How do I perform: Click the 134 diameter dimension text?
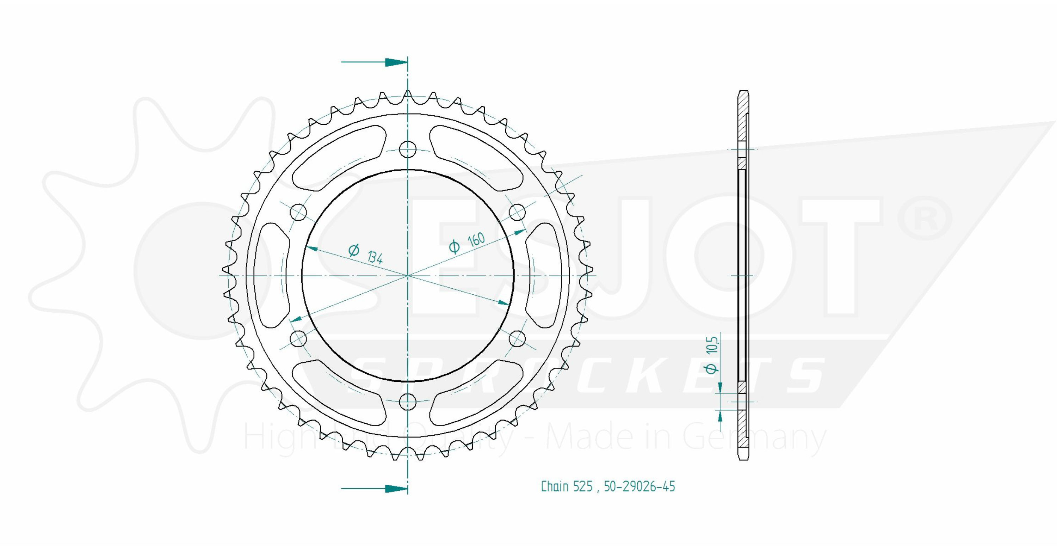point(375,257)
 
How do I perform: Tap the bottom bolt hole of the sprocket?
point(407,401)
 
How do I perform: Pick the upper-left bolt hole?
point(298,213)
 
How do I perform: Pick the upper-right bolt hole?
point(517,213)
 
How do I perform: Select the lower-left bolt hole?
point(298,339)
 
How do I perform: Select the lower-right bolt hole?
point(517,339)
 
